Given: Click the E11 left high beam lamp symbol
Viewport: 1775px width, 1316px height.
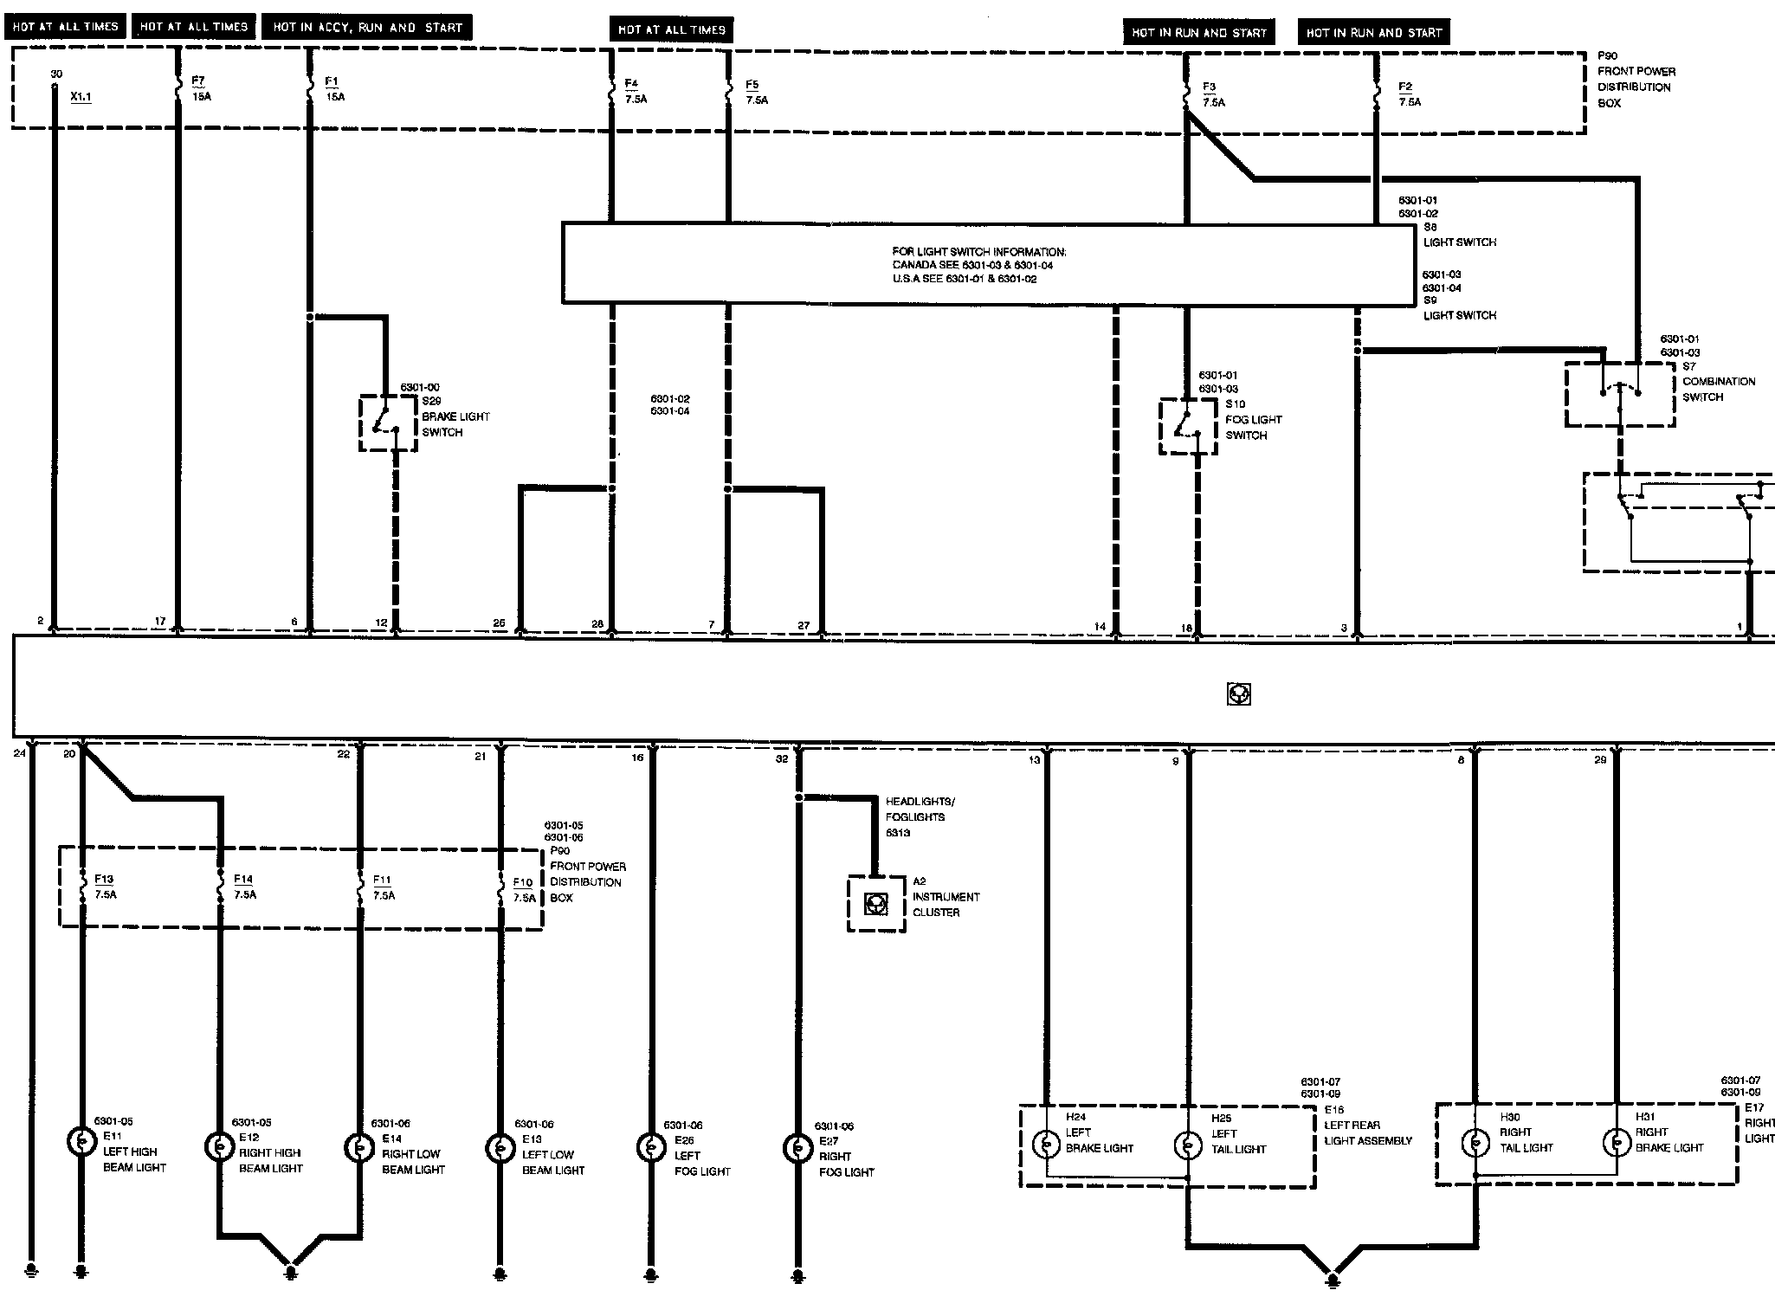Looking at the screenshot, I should (81, 1143).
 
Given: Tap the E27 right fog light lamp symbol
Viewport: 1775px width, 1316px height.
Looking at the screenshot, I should (797, 1147).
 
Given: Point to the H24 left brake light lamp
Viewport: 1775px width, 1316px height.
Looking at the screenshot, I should (1046, 1144).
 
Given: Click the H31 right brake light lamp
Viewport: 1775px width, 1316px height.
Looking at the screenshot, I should (1616, 1143).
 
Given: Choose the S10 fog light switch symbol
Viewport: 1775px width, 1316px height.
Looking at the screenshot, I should (1187, 426).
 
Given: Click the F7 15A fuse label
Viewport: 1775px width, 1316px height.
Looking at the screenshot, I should (200, 88).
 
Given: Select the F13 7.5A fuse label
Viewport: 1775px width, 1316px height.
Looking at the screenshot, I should (105, 887).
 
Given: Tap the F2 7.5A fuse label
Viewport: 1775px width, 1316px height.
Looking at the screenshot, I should (1409, 94).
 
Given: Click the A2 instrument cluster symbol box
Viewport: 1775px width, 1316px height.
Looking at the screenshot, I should (876, 904).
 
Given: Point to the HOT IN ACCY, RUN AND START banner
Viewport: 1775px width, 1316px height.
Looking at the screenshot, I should (368, 28).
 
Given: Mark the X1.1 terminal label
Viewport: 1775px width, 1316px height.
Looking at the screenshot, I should (81, 97).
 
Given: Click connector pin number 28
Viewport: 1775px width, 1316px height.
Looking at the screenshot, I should (597, 624).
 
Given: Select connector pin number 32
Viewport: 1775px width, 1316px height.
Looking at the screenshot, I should (781, 758).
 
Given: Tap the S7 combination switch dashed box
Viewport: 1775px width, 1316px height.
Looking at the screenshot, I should (1619, 394).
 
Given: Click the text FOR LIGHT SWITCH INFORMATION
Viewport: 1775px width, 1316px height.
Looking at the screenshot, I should (979, 252).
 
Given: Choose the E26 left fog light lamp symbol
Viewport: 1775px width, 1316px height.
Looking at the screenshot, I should (650, 1147).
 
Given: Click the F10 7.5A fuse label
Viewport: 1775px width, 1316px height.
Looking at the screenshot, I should (523, 889).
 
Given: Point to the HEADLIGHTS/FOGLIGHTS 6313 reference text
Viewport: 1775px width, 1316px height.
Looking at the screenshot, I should (919, 816).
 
